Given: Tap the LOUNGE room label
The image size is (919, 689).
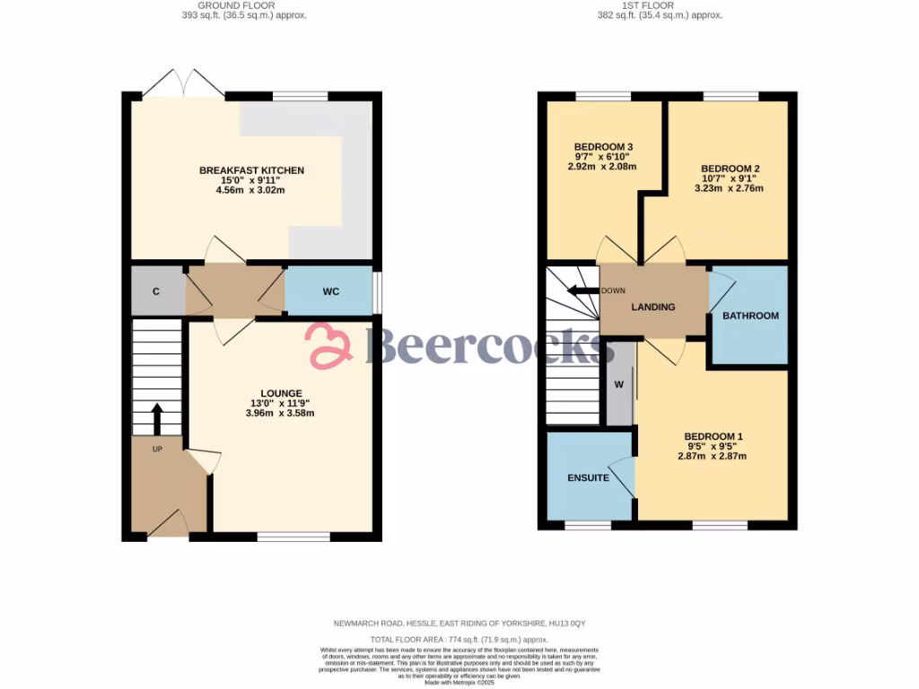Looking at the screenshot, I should coord(275,393).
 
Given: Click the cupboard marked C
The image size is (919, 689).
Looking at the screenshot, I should coord(156,292).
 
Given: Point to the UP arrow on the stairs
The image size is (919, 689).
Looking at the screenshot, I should coord(157,418).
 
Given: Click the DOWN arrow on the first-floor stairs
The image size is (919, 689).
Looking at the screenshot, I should coord(582,291).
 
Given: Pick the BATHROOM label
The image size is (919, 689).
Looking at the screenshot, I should coord(750,316).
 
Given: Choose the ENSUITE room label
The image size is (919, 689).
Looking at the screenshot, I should coord(588,478).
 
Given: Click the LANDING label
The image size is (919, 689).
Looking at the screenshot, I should coord(652,307).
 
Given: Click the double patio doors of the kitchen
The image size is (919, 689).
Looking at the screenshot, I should coord(183,84).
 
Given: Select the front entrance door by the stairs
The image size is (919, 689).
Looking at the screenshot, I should coord(168,525).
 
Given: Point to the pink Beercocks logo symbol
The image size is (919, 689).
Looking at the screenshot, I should coord(329,345).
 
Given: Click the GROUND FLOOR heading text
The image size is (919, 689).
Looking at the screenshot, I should coord(238,4).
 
